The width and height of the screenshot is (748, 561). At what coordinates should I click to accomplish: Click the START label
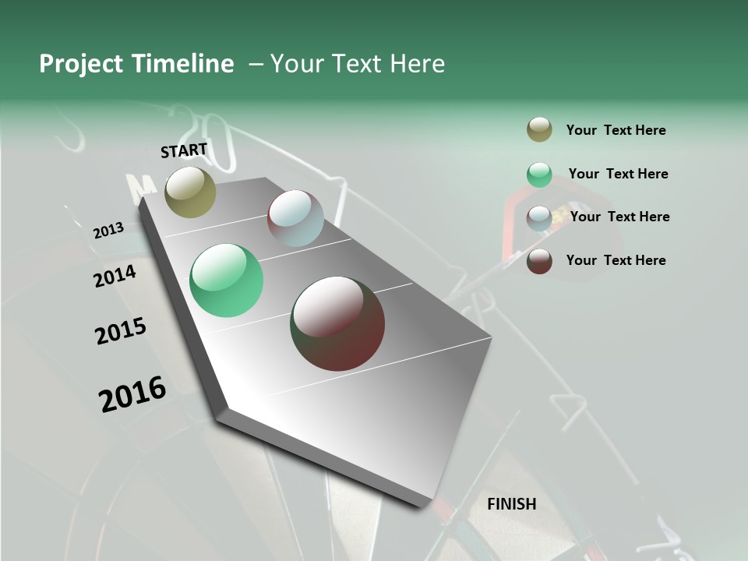tap(184, 150)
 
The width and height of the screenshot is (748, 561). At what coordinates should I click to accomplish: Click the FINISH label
tap(512, 504)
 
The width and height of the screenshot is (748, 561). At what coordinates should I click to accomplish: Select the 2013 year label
tap(108, 231)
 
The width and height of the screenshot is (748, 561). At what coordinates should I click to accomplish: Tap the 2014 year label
tap(115, 276)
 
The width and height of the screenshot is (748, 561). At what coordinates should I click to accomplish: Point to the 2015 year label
tap(121, 331)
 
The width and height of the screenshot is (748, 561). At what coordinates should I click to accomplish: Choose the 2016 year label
tap(132, 393)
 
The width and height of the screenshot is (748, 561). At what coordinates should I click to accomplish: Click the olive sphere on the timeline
tap(190, 192)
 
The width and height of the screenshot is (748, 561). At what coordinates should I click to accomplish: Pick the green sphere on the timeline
tap(226, 280)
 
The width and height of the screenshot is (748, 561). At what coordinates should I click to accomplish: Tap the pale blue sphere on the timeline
tap(295, 218)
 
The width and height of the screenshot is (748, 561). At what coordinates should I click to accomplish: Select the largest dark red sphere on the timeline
tap(337, 323)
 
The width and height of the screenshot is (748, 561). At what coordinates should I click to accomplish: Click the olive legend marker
tap(539, 130)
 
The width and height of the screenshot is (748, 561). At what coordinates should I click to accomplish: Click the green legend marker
tap(539, 175)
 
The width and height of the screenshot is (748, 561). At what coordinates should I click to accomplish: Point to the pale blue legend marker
tap(539, 218)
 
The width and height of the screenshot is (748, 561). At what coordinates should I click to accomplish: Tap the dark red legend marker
tap(539, 261)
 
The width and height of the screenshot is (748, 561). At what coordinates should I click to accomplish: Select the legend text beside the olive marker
tap(616, 130)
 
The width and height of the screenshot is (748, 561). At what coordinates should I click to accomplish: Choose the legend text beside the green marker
tap(618, 174)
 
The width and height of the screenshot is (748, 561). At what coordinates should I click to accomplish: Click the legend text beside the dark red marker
tap(616, 260)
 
